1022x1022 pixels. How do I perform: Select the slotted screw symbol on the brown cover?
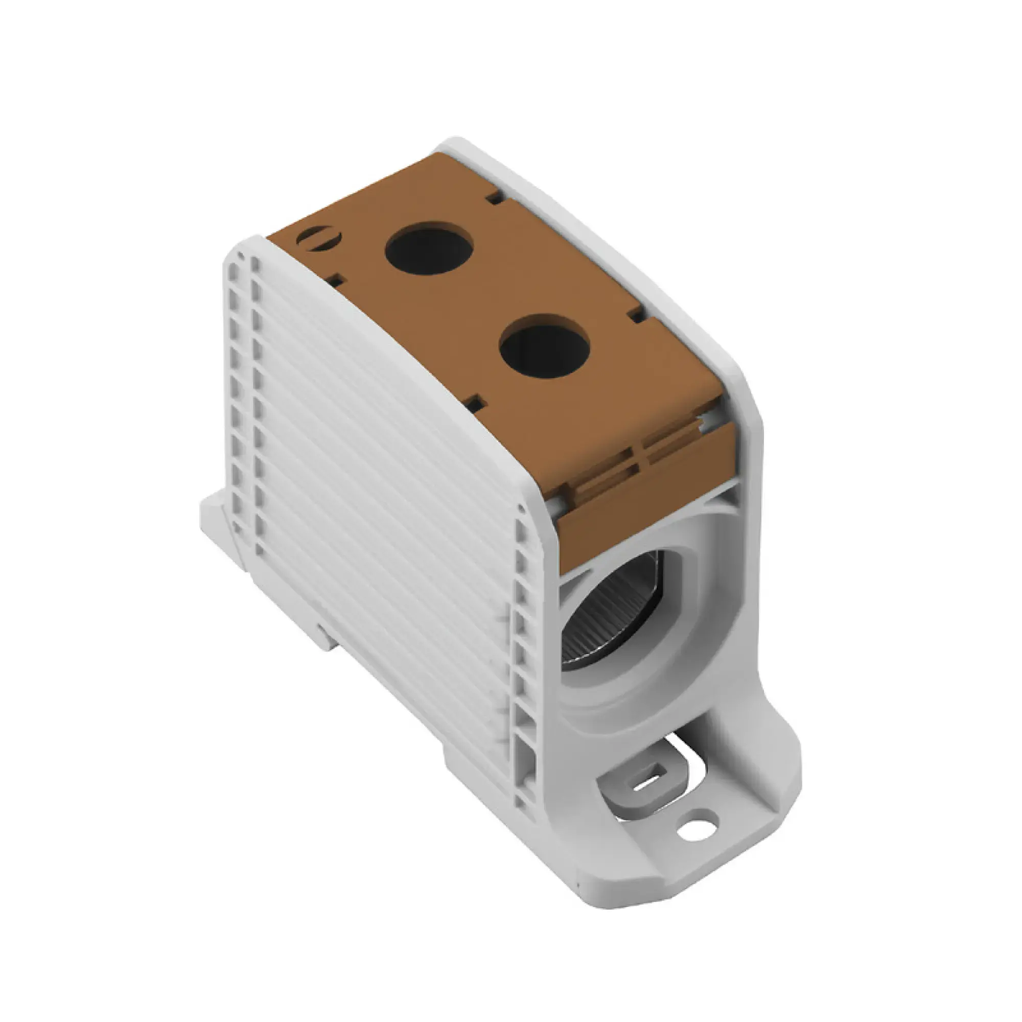click(x=318, y=237)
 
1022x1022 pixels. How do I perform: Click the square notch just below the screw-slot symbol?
click(x=337, y=281)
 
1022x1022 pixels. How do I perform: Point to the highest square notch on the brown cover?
click(x=495, y=198)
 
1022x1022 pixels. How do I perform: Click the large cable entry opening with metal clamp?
click(x=608, y=614)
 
